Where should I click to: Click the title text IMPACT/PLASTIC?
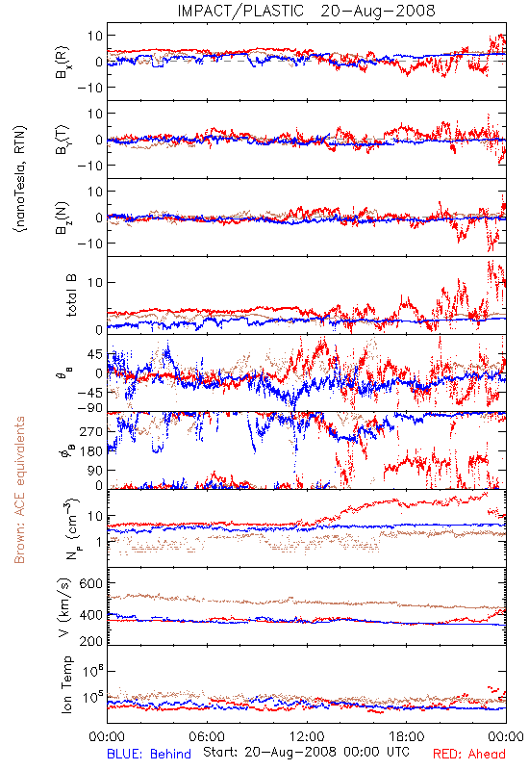(240, 11)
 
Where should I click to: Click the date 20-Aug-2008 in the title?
(378, 11)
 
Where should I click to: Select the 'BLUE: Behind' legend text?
(149, 754)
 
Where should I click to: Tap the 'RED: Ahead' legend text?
(468, 754)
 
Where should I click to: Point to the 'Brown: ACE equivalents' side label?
(19, 490)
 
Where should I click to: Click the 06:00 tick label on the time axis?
(207, 736)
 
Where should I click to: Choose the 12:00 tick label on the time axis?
(307, 736)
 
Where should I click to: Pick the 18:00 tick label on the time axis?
(407, 736)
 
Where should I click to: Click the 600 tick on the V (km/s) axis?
(90, 583)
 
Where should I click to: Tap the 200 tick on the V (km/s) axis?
(90, 641)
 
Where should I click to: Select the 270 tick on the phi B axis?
(90, 431)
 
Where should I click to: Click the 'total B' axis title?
(71, 295)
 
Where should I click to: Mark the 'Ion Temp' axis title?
(67, 684)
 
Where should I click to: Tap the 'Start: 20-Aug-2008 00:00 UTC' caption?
(306, 752)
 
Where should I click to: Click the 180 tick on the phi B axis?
(90, 451)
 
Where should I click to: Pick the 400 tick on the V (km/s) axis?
(90, 615)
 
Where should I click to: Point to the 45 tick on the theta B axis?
(94, 354)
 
